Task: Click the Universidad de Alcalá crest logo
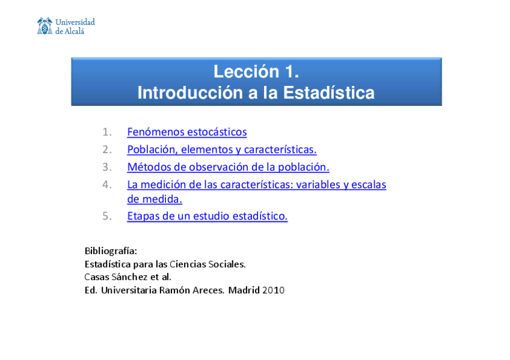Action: [x=45, y=26]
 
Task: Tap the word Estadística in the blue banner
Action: [x=328, y=93]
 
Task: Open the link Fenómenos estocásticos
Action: [x=186, y=132]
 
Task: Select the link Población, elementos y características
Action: [x=221, y=150]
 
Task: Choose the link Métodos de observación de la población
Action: [x=228, y=167]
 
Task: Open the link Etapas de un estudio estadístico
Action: [x=207, y=216]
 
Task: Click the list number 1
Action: [x=107, y=132]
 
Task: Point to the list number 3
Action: [x=107, y=167]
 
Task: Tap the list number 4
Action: [x=107, y=185]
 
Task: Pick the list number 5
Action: [x=107, y=216]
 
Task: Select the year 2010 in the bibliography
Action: [x=273, y=290]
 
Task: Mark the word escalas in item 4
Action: [x=369, y=185]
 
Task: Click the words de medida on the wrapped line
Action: [x=154, y=199]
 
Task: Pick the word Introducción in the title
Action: [x=186, y=93]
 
